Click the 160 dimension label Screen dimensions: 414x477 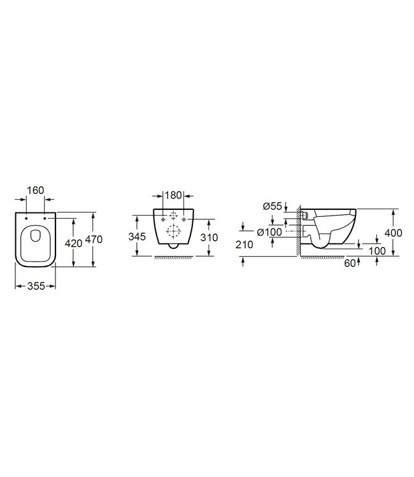pos(35,190)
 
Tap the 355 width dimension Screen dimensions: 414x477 pos(36,286)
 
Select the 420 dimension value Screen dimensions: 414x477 pos(74,244)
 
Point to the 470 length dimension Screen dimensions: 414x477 pos(94,240)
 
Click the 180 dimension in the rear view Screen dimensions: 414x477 pos(174,195)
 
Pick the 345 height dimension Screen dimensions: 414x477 pos(137,237)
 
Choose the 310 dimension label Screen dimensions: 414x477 pos(209,238)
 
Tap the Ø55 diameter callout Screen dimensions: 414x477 pos(273,206)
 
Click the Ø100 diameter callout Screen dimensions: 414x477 pos(269,232)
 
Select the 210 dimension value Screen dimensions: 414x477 pos(245,245)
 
